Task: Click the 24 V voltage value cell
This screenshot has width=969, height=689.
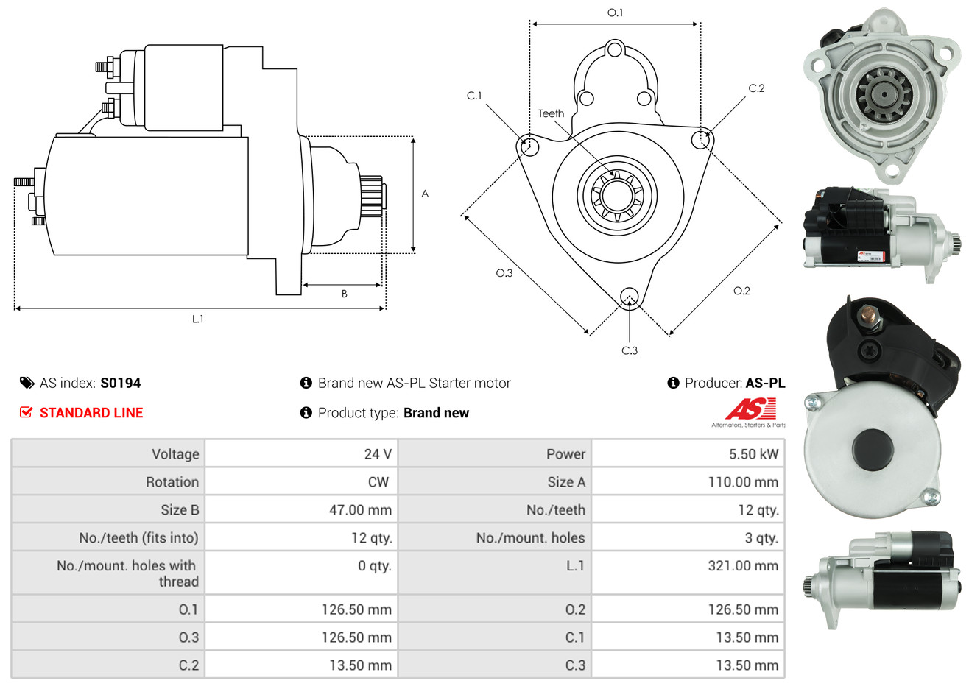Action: tap(377, 454)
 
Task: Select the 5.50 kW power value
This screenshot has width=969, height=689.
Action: tap(753, 454)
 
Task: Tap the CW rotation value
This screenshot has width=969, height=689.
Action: tap(378, 482)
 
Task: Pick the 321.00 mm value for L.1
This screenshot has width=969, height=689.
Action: tap(742, 566)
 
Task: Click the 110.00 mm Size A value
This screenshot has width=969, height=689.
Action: tap(742, 482)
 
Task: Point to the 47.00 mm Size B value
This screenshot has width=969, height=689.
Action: tap(360, 510)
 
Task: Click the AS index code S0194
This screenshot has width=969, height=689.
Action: tap(120, 383)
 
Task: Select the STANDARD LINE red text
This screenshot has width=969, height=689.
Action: tap(91, 413)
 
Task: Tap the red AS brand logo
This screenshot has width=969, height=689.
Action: tap(750, 409)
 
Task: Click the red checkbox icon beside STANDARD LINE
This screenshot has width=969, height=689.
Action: tap(26, 412)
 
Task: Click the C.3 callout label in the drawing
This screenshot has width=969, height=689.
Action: tap(630, 351)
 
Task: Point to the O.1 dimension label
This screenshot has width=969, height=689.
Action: tap(615, 13)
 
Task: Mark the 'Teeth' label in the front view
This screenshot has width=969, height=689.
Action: tap(551, 113)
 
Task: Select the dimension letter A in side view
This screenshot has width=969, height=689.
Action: tap(425, 194)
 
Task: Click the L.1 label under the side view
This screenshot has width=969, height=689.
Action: tap(197, 319)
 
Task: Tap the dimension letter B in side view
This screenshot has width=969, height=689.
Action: tap(344, 294)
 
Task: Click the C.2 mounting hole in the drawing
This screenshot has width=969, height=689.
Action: tap(702, 139)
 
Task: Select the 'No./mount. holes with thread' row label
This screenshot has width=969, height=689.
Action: tap(127, 573)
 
